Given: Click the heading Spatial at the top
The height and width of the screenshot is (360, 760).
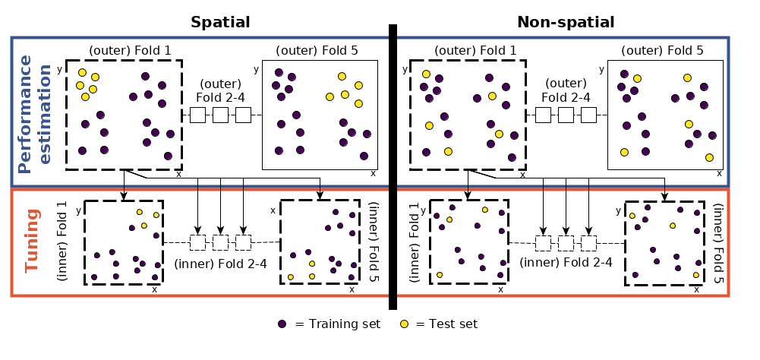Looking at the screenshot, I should (x=220, y=22).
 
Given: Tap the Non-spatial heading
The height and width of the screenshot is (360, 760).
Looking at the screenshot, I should (x=566, y=22).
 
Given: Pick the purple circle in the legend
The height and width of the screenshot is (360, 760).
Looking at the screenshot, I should (x=282, y=324).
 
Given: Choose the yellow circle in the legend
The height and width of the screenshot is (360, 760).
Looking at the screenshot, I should (x=405, y=324).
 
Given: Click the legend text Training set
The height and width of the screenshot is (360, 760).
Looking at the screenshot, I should (x=337, y=324).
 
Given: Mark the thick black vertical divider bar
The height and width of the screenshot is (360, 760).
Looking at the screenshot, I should (x=393, y=167).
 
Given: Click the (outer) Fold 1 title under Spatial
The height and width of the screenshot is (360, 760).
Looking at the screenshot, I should (x=130, y=51).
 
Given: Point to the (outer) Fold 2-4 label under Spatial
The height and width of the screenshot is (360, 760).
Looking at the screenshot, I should (x=220, y=90).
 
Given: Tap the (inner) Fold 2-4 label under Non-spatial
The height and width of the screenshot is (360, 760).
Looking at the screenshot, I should (x=566, y=264).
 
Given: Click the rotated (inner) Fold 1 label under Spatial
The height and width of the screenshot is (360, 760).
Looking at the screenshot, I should (x=63, y=242).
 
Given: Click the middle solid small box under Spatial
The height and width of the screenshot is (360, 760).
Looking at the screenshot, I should (x=220, y=115).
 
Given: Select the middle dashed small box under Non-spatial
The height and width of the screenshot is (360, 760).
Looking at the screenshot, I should (x=566, y=243).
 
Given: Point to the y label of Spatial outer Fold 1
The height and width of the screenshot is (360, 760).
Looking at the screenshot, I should (x=60, y=69).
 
